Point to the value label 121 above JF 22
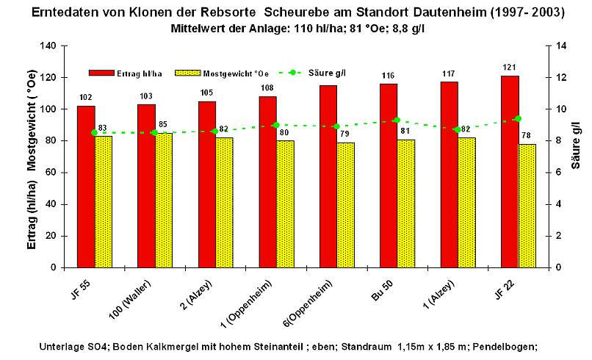pos(510,68)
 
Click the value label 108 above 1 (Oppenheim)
pos(268,88)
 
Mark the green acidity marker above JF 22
pos(518,118)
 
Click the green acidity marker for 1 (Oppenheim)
pos(275,125)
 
